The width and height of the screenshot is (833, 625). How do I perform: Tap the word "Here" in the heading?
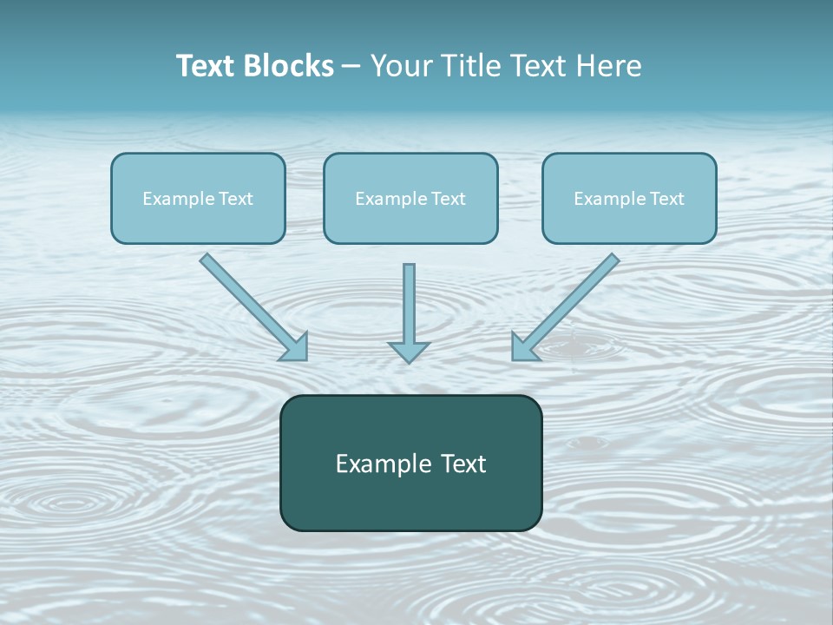pos(608,66)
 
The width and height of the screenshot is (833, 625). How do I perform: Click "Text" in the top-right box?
pos(667,199)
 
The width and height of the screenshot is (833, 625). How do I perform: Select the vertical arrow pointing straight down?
pos(409,304)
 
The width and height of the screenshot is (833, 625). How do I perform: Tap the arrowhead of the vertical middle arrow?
pos(409,351)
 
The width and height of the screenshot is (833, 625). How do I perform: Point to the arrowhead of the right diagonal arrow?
pos(523,347)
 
